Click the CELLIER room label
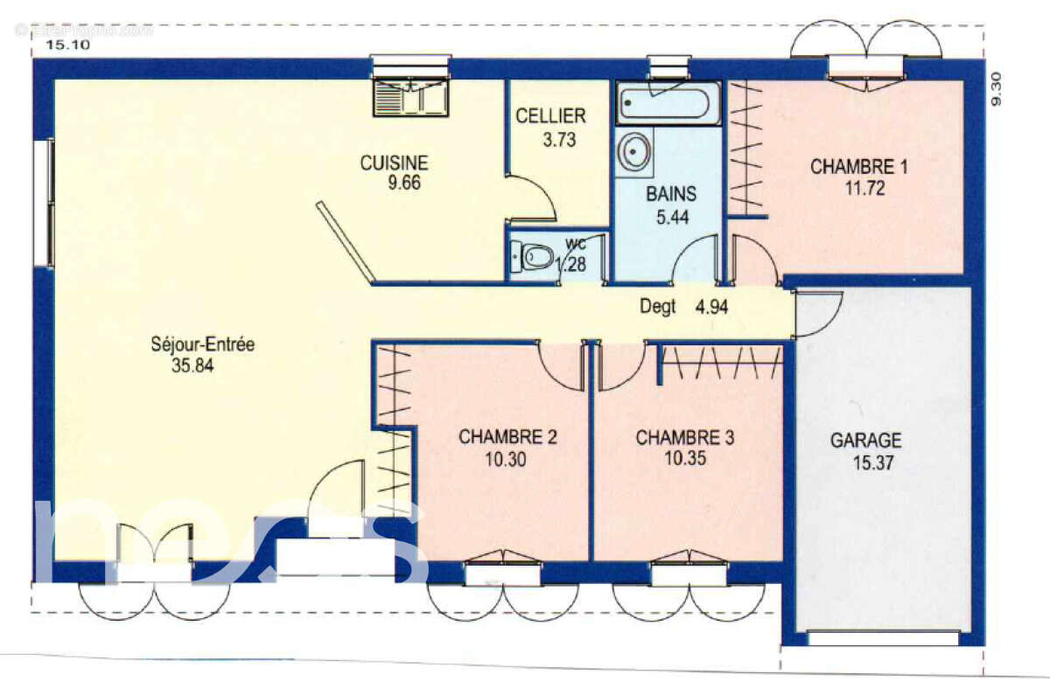point(550,116)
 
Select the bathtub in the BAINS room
point(668,104)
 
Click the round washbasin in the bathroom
point(633,152)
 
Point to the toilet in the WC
point(534,257)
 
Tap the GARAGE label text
point(865,441)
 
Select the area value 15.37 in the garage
point(872,463)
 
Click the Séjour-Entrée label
point(202,344)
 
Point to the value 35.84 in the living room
point(192,366)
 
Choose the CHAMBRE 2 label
point(507,437)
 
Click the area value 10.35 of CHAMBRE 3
point(684,458)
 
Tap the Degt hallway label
point(657,307)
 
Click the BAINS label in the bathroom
point(671,194)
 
